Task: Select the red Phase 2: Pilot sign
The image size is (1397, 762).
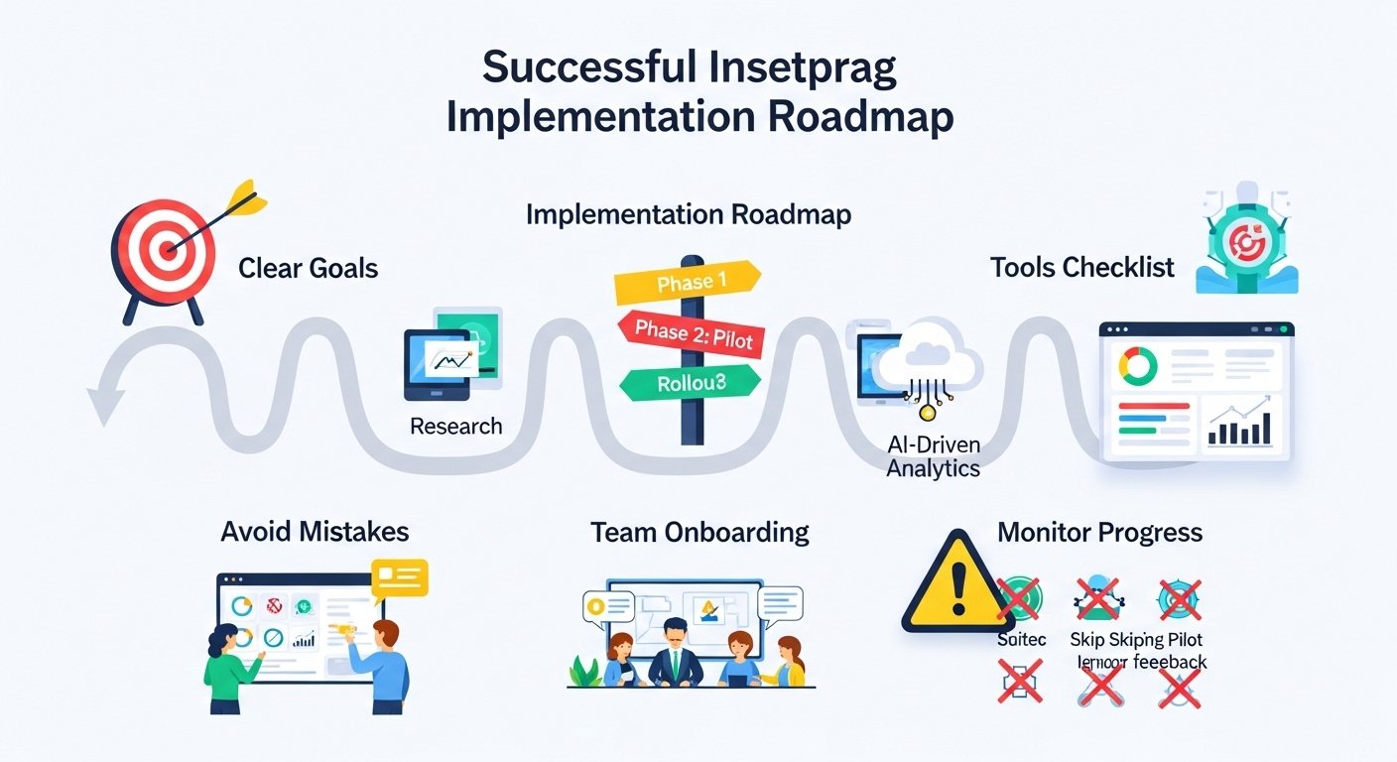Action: pos(691,334)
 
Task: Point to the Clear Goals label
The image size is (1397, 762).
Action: pos(309,268)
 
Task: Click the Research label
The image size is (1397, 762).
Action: pos(456,427)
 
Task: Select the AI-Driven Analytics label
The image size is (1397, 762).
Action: pos(933,456)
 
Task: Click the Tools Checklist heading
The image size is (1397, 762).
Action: pos(1081,267)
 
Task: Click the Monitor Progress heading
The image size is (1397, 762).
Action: pos(1099,532)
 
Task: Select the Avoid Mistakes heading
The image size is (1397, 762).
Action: pos(315,532)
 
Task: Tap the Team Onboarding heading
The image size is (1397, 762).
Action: pos(699,532)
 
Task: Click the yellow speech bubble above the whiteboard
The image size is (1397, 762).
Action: pos(398,576)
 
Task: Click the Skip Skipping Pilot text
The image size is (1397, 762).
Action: pos(1137,640)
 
